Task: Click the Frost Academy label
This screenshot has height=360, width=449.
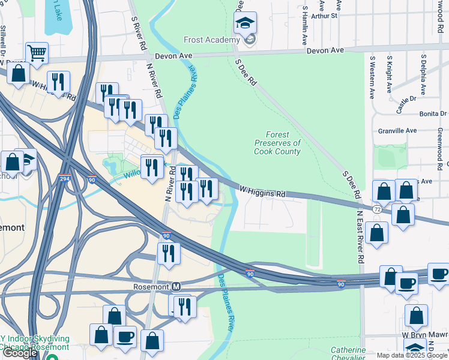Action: tap(212, 40)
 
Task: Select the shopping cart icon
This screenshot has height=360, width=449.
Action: tap(37, 53)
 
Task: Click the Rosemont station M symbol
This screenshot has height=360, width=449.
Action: tap(176, 287)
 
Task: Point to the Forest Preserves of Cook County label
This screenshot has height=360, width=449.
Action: tap(277, 143)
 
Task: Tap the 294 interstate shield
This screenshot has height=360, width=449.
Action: tap(64, 178)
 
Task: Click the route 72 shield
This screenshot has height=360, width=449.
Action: tap(377, 209)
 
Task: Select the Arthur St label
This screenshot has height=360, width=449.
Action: tap(325, 16)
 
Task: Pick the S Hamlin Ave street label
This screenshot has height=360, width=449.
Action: tap(305, 27)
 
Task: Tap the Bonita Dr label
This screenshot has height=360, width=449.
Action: tap(434, 113)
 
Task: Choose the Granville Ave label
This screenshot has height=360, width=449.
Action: tap(397, 130)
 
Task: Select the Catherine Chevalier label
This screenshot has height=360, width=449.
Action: tap(348, 353)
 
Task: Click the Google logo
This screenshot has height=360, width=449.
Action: tap(20, 353)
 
